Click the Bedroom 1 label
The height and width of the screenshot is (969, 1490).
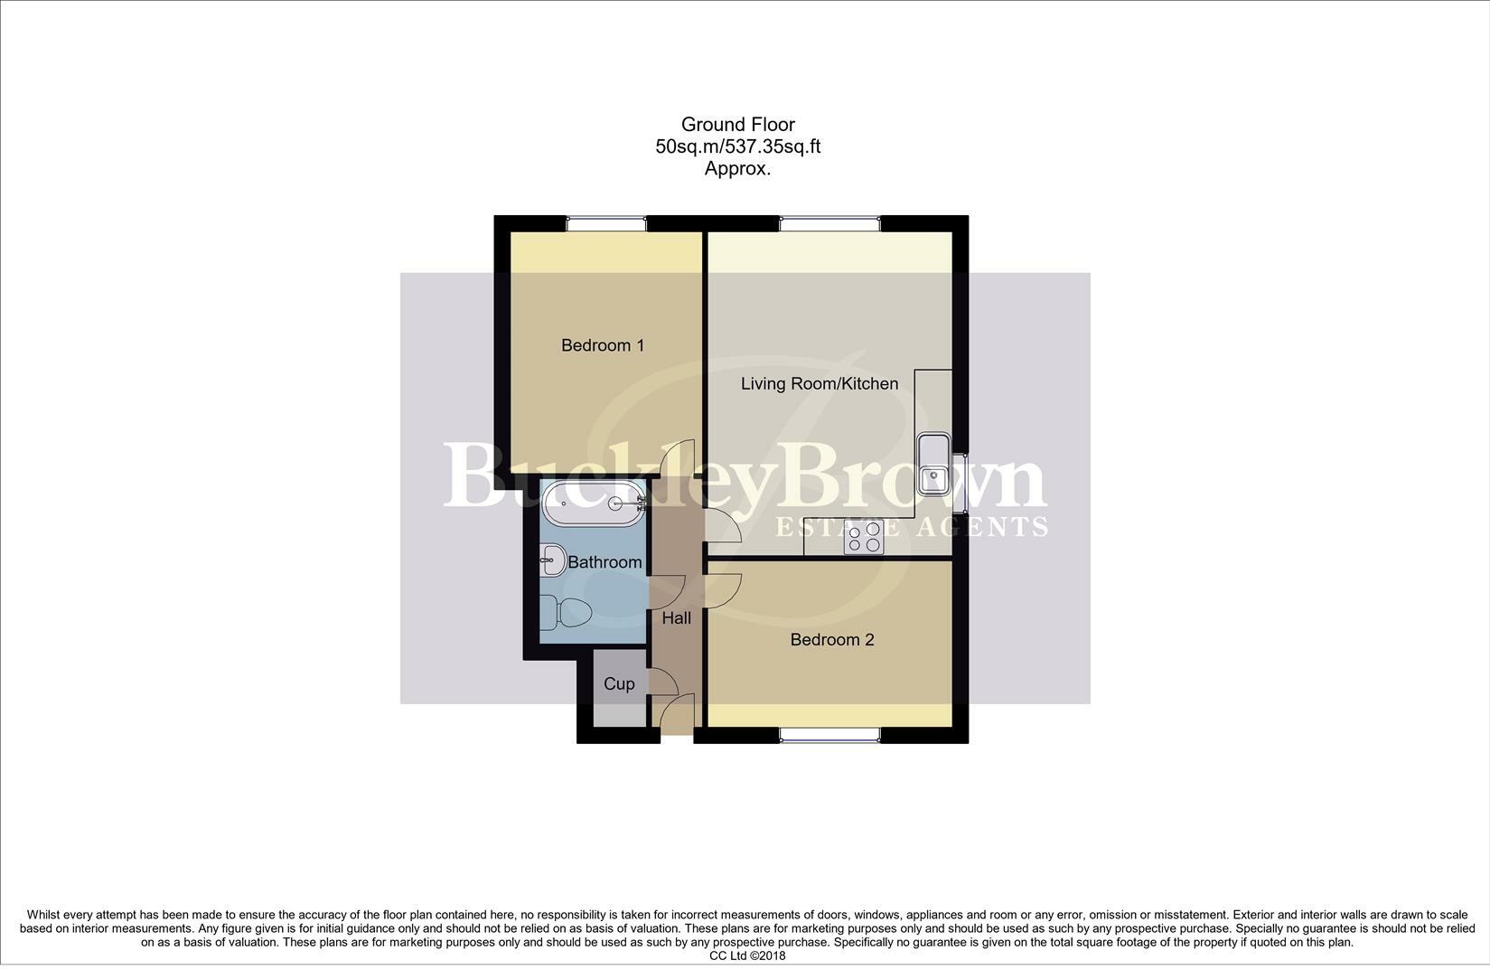coord(603,345)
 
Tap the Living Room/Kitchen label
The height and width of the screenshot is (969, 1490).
coord(820,383)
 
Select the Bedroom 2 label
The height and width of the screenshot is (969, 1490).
coord(831,640)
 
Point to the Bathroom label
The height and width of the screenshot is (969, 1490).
coord(604,562)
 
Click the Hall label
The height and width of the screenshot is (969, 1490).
coord(676,618)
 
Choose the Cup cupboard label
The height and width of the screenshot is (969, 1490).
coord(619,684)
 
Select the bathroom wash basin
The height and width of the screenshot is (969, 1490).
coord(551,560)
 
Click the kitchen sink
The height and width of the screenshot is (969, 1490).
coord(932,464)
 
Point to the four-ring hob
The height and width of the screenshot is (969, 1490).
coord(863,538)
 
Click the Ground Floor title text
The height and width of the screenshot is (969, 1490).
coord(737,125)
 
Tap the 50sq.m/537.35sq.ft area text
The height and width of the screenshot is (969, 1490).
coord(737,146)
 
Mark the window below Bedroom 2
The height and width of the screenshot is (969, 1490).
coord(829,736)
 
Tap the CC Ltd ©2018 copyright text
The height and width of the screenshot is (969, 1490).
coord(747,955)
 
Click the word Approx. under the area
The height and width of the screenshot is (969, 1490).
coord(737,168)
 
